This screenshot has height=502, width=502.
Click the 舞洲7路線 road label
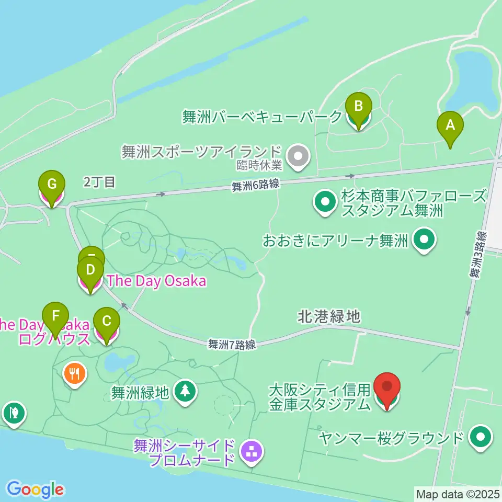point(231,344)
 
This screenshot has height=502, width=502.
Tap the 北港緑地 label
point(329,316)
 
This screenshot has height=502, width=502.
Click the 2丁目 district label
point(99,182)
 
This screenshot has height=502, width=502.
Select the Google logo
point(35,489)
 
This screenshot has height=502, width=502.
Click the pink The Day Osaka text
point(156,281)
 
